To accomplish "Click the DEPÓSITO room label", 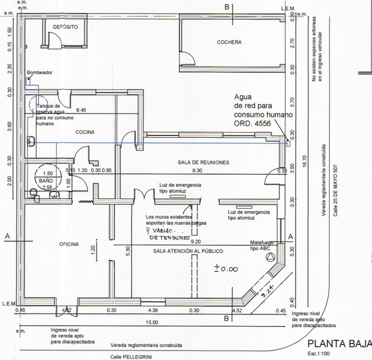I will pyautogui.click(x=66, y=27).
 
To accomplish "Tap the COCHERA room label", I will pyautogui.click(x=229, y=42).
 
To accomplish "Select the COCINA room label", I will pyautogui.click(x=85, y=132).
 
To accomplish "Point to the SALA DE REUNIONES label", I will pyautogui.click(x=204, y=162).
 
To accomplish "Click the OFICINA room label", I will pyautogui.click(x=69, y=244).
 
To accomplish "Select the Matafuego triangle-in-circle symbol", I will pyautogui.click(x=270, y=258).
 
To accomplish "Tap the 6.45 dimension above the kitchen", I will pyautogui.click(x=81, y=110).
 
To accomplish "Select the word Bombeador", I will pyautogui.click(x=39, y=72).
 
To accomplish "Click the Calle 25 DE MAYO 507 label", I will pyautogui.click(x=335, y=190).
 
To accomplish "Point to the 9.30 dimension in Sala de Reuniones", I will pyautogui.click(x=197, y=171).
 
